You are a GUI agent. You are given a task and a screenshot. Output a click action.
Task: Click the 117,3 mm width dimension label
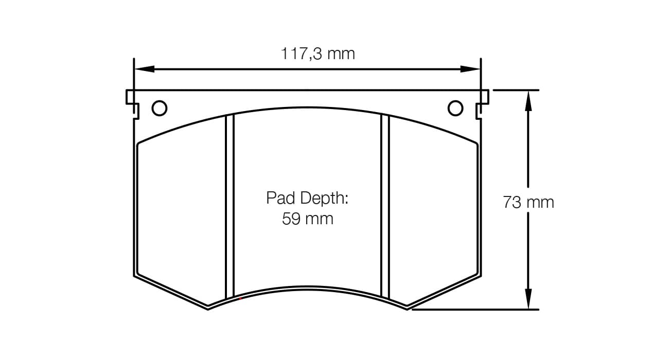click(318, 54)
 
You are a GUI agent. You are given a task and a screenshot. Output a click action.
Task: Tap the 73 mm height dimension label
click(529, 202)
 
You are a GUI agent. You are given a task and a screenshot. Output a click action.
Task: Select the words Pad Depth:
click(307, 198)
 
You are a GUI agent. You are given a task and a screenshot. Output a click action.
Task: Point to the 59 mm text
click(308, 219)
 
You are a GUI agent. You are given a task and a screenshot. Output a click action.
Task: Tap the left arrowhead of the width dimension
click(145, 69)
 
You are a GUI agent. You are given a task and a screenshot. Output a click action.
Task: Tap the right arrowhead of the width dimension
click(470, 69)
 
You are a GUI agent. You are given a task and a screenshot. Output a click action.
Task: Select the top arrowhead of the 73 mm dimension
click(529, 101)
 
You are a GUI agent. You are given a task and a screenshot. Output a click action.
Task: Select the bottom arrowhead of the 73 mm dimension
click(529, 299)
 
